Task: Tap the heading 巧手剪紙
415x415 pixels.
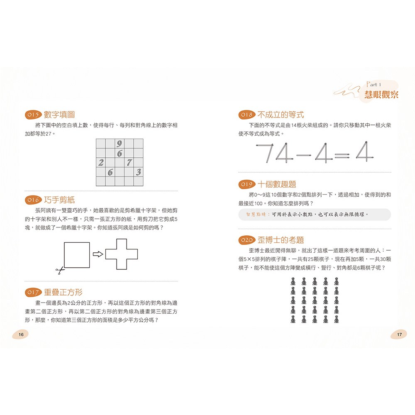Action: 59,200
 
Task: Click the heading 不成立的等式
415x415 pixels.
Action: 281,115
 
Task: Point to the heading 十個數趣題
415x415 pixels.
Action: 277,184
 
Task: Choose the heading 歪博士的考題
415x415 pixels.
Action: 281,240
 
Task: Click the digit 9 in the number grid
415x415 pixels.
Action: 119,144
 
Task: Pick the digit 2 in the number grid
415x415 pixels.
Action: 101,162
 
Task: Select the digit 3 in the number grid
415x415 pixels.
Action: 138,171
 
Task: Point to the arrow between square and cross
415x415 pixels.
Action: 97,254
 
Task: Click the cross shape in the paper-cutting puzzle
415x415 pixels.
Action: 122,254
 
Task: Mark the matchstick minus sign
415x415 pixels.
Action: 303,156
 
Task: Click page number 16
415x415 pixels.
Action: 21,334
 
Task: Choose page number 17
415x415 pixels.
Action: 400,334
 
